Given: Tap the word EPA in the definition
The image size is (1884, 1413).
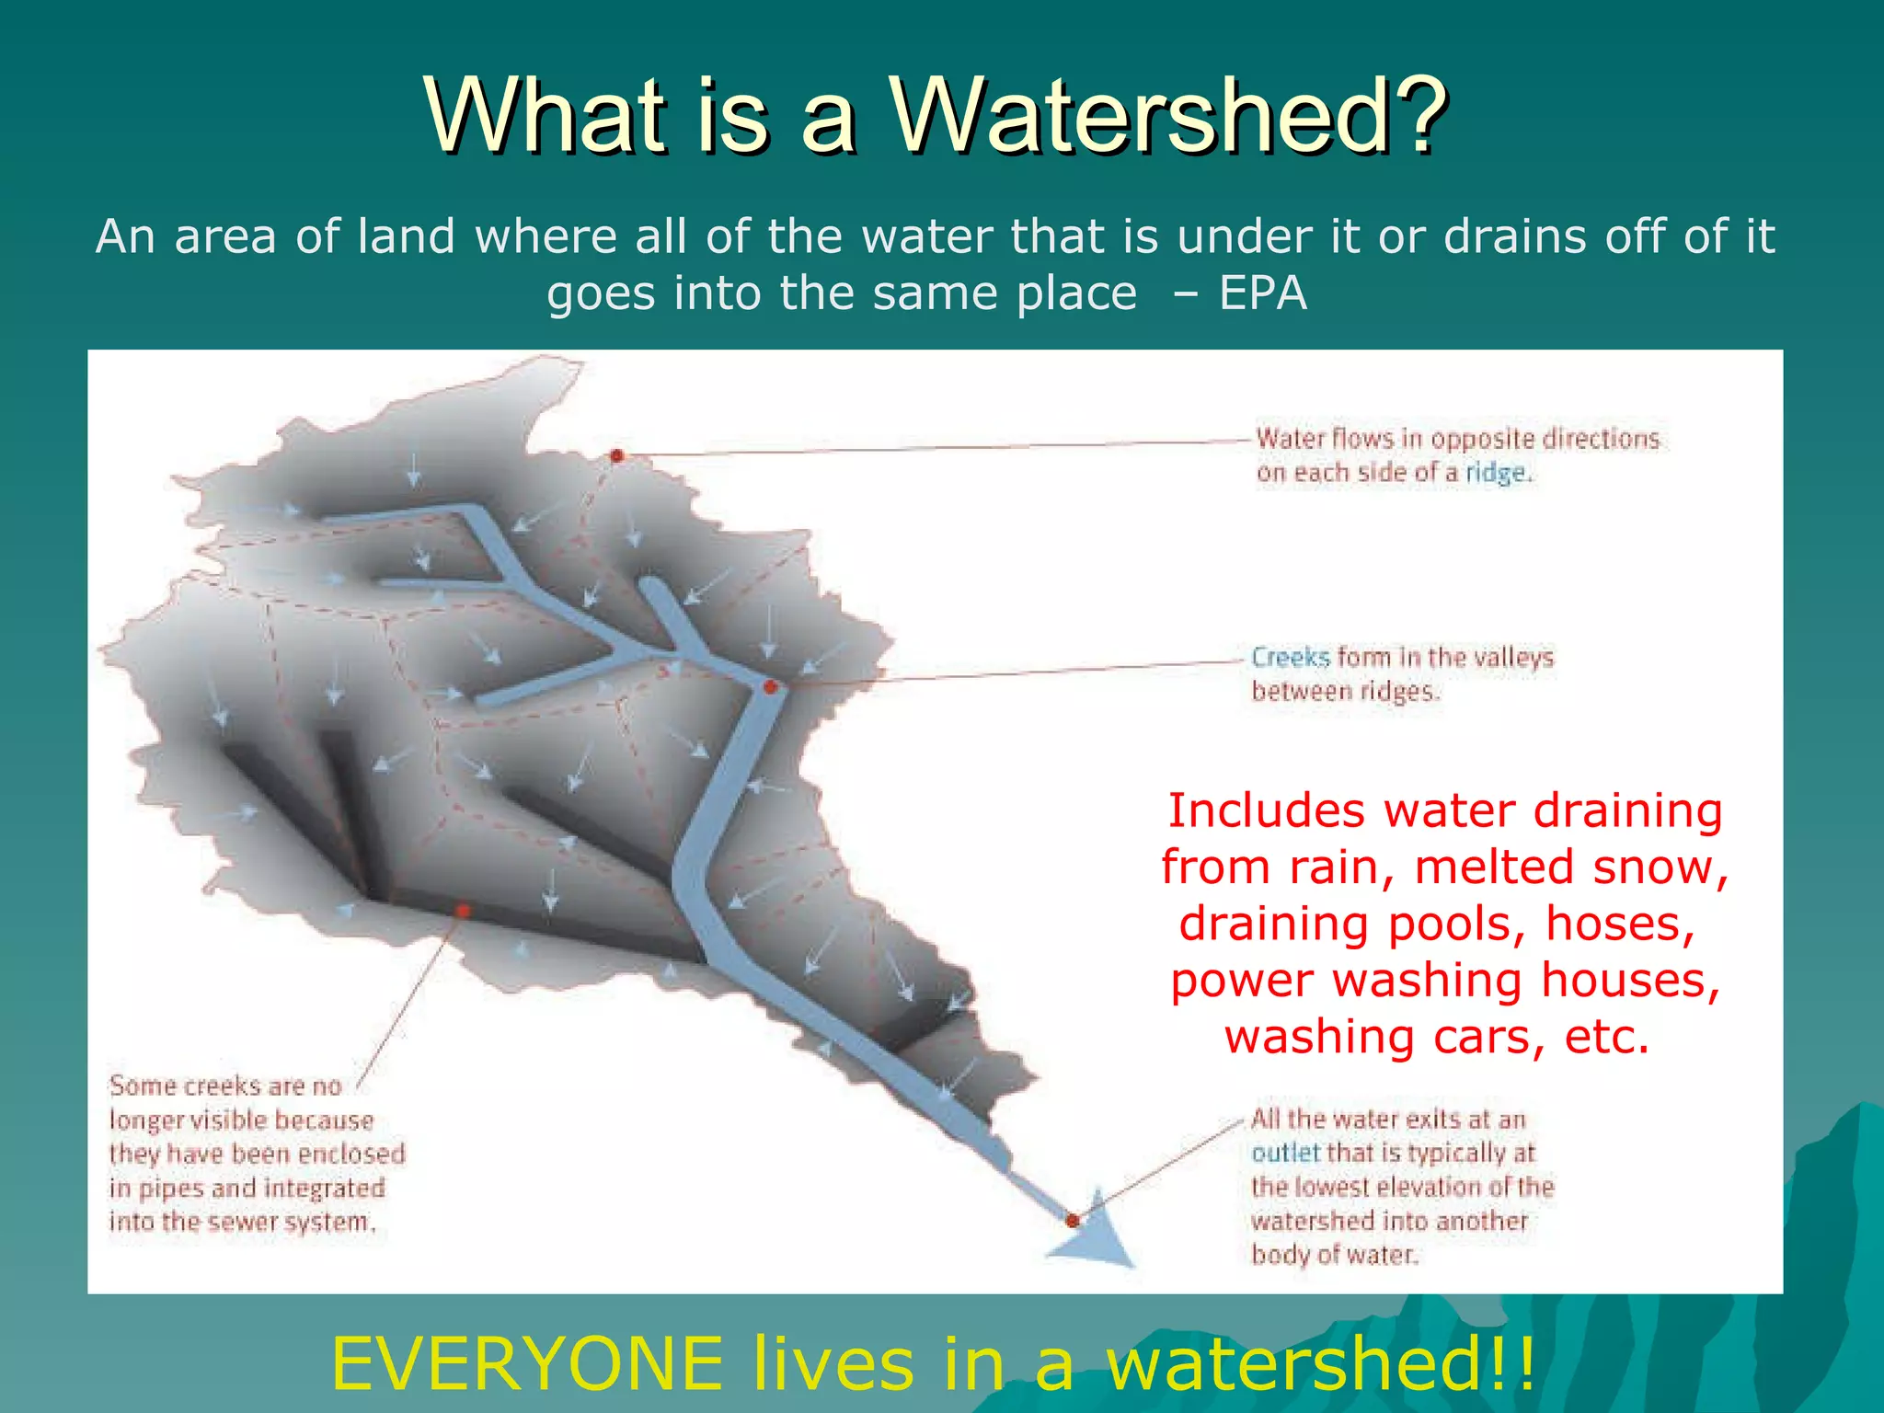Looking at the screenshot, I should coord(1262,293).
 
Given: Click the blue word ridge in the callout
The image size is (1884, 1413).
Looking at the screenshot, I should coord(1496,473).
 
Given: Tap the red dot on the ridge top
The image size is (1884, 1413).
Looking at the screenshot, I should coord(617,455).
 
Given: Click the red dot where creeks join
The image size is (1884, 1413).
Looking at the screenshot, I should coord(771,686).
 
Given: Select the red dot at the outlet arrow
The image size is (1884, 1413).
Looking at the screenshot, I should coord(1073,1221).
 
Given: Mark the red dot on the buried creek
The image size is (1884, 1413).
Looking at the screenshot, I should coord(463,910).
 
